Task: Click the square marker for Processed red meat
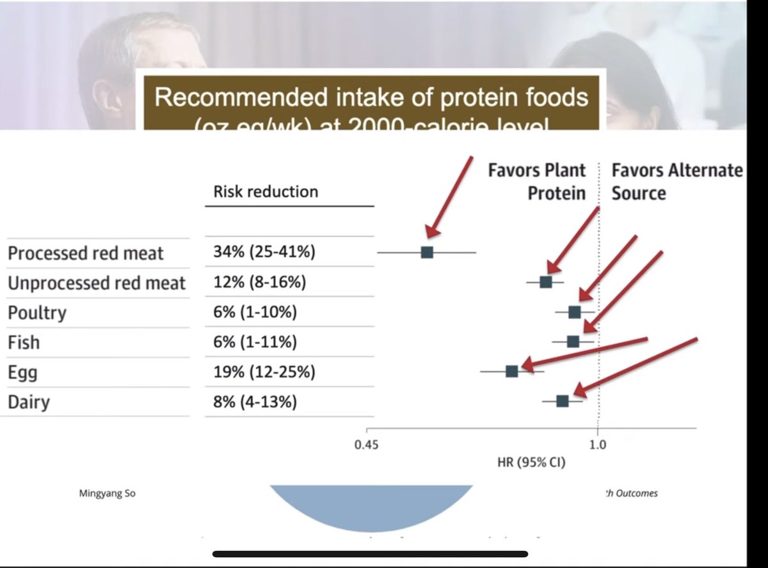point(427,252)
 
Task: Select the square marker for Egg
point(511,371)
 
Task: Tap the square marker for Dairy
point(562,401)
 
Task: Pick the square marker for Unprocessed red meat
point(545,281)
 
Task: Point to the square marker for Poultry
point(574,312)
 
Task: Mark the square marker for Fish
point(573,342)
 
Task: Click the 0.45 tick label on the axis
point(367,446)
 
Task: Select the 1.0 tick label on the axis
point(598,446)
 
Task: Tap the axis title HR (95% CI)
point(531,462)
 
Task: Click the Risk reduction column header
point(265,191)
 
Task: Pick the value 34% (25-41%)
point(264,252)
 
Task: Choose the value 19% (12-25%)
point(264,372)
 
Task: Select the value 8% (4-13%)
point(255,402)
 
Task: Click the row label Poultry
point(37,313)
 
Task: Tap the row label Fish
point(24,342)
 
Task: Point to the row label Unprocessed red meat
point(97,283)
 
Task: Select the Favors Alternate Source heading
point(677,182)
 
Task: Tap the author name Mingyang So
point(107,493)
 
